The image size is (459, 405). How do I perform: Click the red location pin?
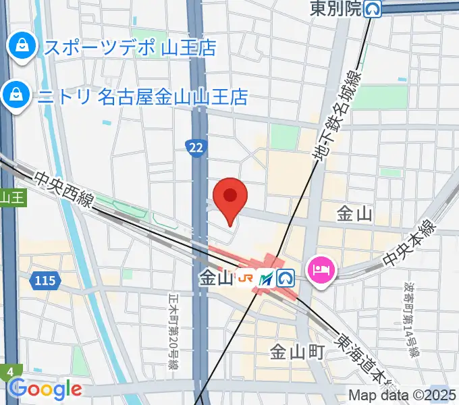pos(230,196)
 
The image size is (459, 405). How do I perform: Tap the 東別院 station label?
pos(335,9)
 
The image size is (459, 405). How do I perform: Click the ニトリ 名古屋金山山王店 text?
pos(143,97)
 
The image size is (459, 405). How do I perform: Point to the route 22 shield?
pos(196,146)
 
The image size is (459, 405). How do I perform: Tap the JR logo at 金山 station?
pos(246,277)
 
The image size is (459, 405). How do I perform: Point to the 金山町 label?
pos(298,352)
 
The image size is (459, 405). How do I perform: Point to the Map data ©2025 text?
pos(402,395)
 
